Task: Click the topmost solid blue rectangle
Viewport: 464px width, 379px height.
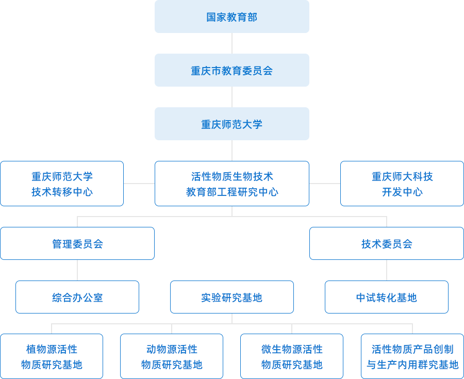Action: point(232,17)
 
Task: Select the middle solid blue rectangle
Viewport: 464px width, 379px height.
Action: point(232,70)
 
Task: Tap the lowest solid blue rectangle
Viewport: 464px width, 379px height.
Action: point(232,123)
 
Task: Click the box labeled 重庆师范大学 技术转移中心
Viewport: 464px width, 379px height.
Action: point(62,184)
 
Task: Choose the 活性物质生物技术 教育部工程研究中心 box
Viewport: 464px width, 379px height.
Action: point(232,184)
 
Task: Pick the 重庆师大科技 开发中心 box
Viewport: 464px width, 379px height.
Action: point(402,184)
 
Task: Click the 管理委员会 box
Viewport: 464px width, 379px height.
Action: point(77,243)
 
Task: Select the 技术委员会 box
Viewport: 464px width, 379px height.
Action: point(387,243)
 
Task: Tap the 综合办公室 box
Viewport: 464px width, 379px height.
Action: point(77,297)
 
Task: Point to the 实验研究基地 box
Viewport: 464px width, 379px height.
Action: point(232,297)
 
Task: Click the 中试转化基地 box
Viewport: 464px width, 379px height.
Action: point(387,297)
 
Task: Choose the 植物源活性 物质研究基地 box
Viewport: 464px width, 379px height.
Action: point(52,356)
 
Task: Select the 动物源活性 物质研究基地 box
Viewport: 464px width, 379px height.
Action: point(172,356)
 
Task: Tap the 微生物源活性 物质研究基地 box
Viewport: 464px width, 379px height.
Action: point(292,356)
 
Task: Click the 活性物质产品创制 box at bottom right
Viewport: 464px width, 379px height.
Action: point(412,356)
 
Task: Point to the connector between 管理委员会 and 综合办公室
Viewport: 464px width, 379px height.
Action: point(77,270)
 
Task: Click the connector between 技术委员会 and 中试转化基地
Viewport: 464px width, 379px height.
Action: point(387,270)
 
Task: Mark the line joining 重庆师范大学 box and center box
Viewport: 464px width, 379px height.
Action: point(139,183)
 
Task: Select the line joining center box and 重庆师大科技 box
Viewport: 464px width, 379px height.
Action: point(325,183)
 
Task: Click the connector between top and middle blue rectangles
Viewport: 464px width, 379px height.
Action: point(232,43)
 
